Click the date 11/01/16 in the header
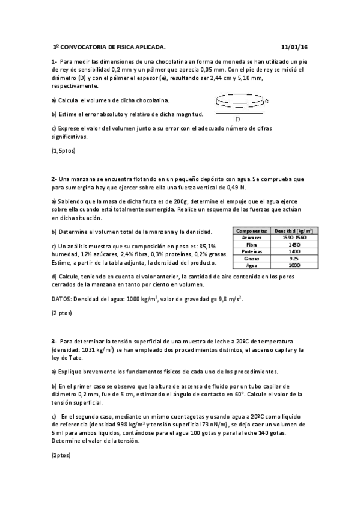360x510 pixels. [x=294, y=46]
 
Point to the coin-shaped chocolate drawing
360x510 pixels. [x=239, y=100]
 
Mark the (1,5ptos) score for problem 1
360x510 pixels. [x=64, y=150]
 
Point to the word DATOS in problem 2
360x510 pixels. [x=62, y=299]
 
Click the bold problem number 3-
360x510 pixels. [x=54, y=341]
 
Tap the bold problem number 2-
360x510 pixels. [x=54, y=179]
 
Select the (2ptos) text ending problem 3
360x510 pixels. [x=61, y=455]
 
